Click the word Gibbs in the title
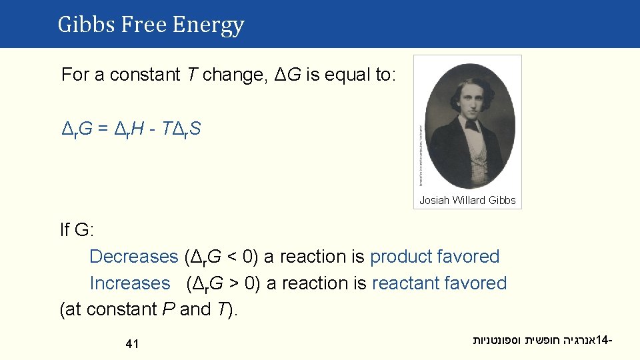(x=79, y=25)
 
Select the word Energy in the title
(x=208, y=25)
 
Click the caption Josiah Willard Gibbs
(x=467, y=200)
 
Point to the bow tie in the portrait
(x=472, y=126)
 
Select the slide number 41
(x=132, y=344)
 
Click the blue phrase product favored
(x=435, y=257)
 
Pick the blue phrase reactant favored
(x=439, y=283)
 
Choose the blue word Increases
(x=130, y=283)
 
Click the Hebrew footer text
(x=541, y=341)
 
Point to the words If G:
(x=77, y=231)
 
